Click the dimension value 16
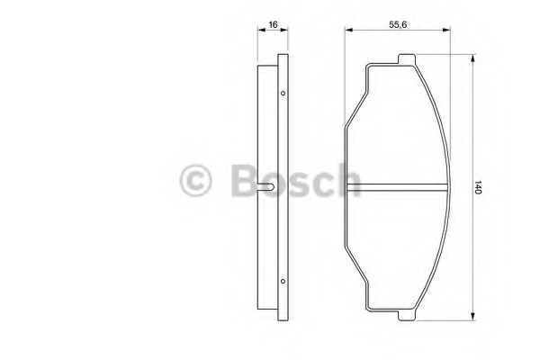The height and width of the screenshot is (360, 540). (273, 25)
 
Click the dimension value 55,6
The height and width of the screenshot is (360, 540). (398, 25)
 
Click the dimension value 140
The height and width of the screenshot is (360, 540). (477, 187)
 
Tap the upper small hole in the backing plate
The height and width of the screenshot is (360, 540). (283, 93)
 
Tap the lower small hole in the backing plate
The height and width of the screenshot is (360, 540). (283, 281)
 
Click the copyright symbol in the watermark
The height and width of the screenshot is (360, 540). (195, 180)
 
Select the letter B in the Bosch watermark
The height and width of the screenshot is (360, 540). (244, 180)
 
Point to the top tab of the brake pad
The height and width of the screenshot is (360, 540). (407, 58)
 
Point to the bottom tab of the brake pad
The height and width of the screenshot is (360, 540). (407, 316)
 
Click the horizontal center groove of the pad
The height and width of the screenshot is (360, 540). (397, 187)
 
